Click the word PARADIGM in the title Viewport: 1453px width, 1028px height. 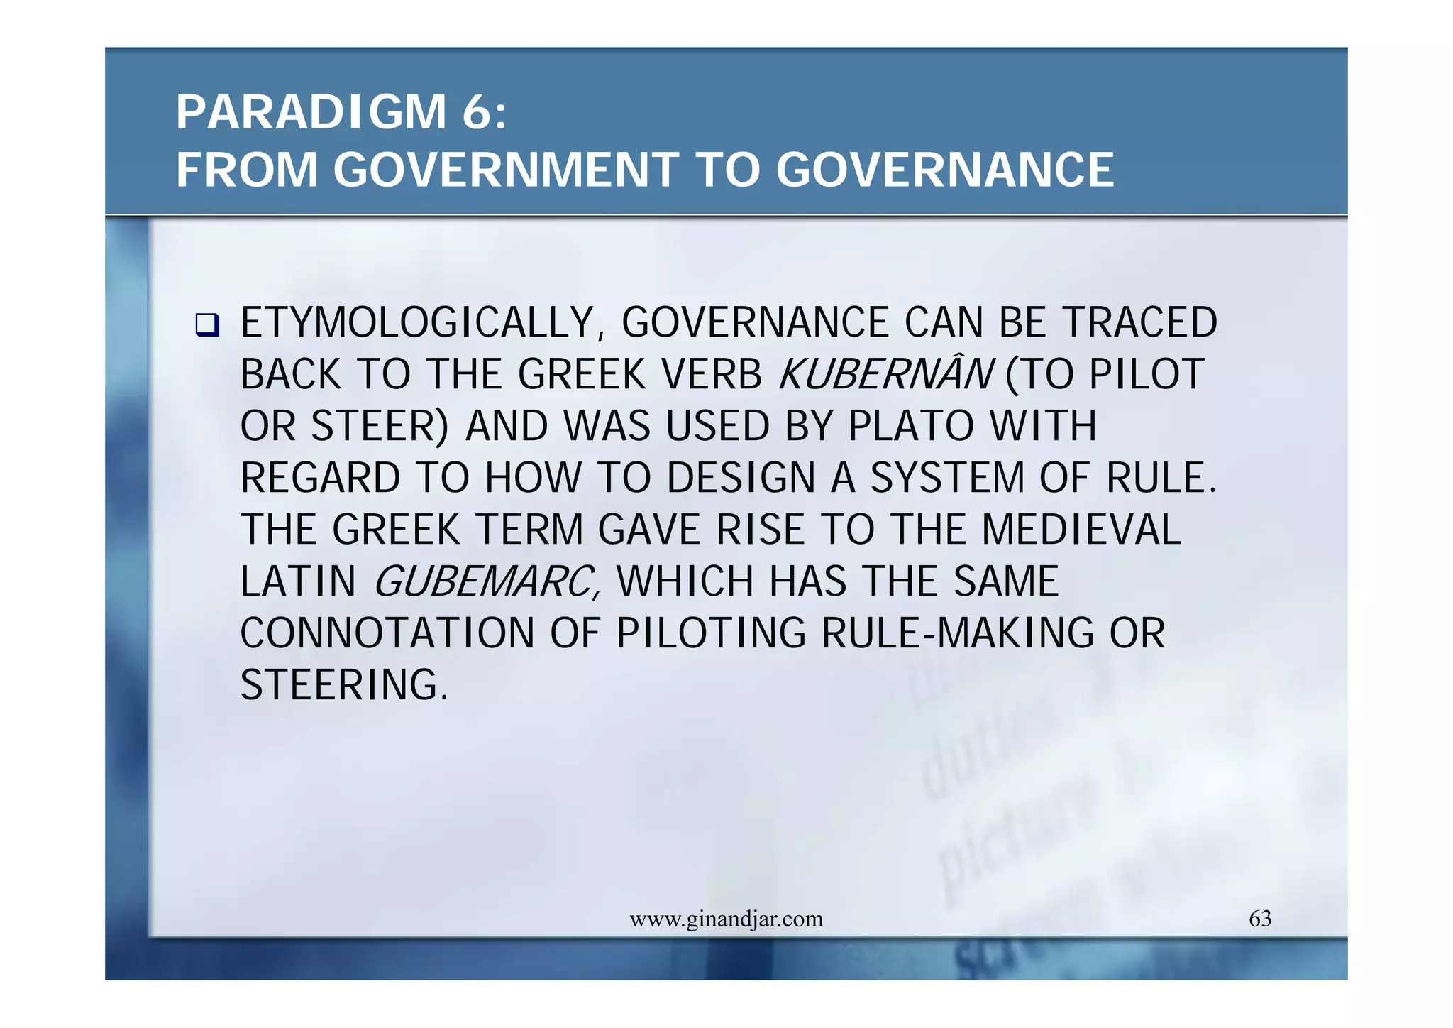[x=311, y=112]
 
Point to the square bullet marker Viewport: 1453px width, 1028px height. [x=207, y=325]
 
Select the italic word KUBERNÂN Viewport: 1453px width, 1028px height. [x=885, y=374]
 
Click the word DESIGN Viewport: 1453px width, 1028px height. [x=741, y=478]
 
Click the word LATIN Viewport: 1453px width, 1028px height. [x=298, y=581]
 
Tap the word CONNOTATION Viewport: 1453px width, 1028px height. [x=387, y=633]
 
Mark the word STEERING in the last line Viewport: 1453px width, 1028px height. [x=344, y=685]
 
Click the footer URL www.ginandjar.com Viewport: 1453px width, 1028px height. [x=726, y=919]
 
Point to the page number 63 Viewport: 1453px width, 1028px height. [x=1260, y=919]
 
